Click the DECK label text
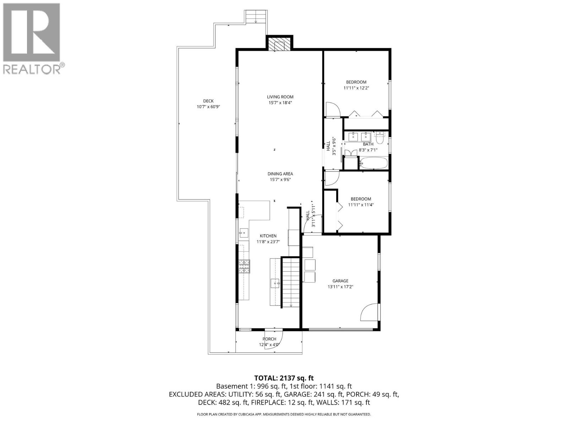tap(208, 101)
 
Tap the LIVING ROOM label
tap(280, 97)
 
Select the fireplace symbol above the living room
tap(279, 45)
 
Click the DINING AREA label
tap(280, 174)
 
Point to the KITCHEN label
tap(268, 236)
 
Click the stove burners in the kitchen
tap(244, 267)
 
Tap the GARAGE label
tap(340, 281)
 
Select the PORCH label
tap(269, 339)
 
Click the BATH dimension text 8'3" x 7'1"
tap(368, 150)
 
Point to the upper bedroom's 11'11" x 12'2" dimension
tap(356, 88)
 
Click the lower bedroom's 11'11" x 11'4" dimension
tap(361, 205)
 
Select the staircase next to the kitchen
tap(291, 282)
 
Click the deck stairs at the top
tap(256, 16)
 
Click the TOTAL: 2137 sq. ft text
tap(284, 378)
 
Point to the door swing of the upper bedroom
tap(333, 110)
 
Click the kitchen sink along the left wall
tap(244, 233)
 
